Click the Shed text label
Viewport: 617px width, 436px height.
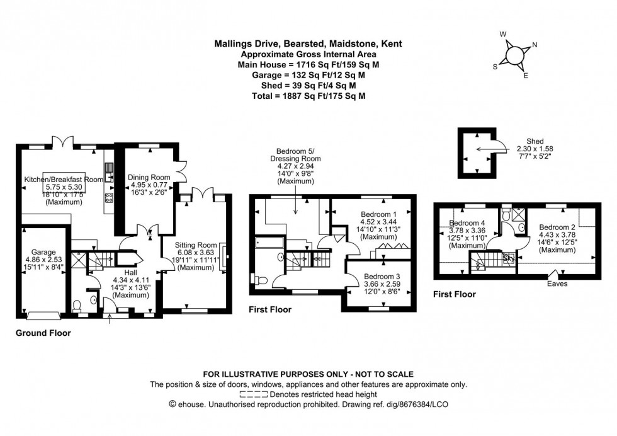pyautogui.click(x=527, y=141)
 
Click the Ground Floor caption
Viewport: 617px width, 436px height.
pyautogui.click(x=43, y=333)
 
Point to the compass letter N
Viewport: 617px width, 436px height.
pyautogui.click(x=535, y=45)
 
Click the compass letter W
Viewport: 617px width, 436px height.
pyautogui.click(x=502, y=35)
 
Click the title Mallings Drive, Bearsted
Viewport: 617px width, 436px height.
pyautogui.click(x=308, y=44)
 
